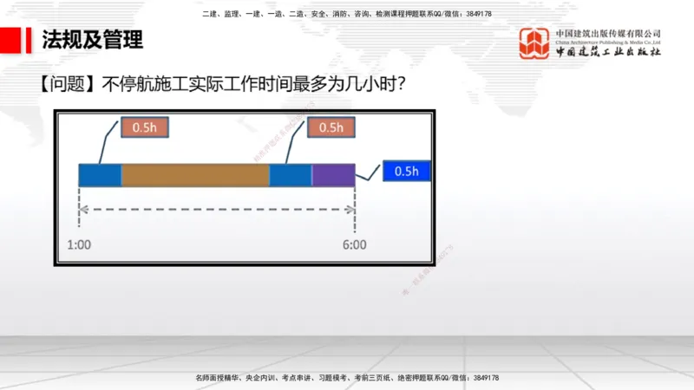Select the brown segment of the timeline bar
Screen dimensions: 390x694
coord(195,175)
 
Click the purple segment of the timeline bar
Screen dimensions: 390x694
coord(333,175)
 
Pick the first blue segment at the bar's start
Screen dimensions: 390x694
coord(100,175)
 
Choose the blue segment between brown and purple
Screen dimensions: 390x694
coord(290,175)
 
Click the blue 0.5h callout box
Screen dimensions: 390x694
coord(406,172)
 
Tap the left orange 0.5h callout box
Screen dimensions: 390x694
coord(145,127)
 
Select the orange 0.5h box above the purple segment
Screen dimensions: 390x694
coord(331,127)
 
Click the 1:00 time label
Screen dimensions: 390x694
coord(78,244)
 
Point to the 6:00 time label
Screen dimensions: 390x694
coord(354,244)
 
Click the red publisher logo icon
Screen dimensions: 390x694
coord(534,43)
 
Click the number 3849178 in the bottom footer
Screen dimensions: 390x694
coord(482,379)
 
